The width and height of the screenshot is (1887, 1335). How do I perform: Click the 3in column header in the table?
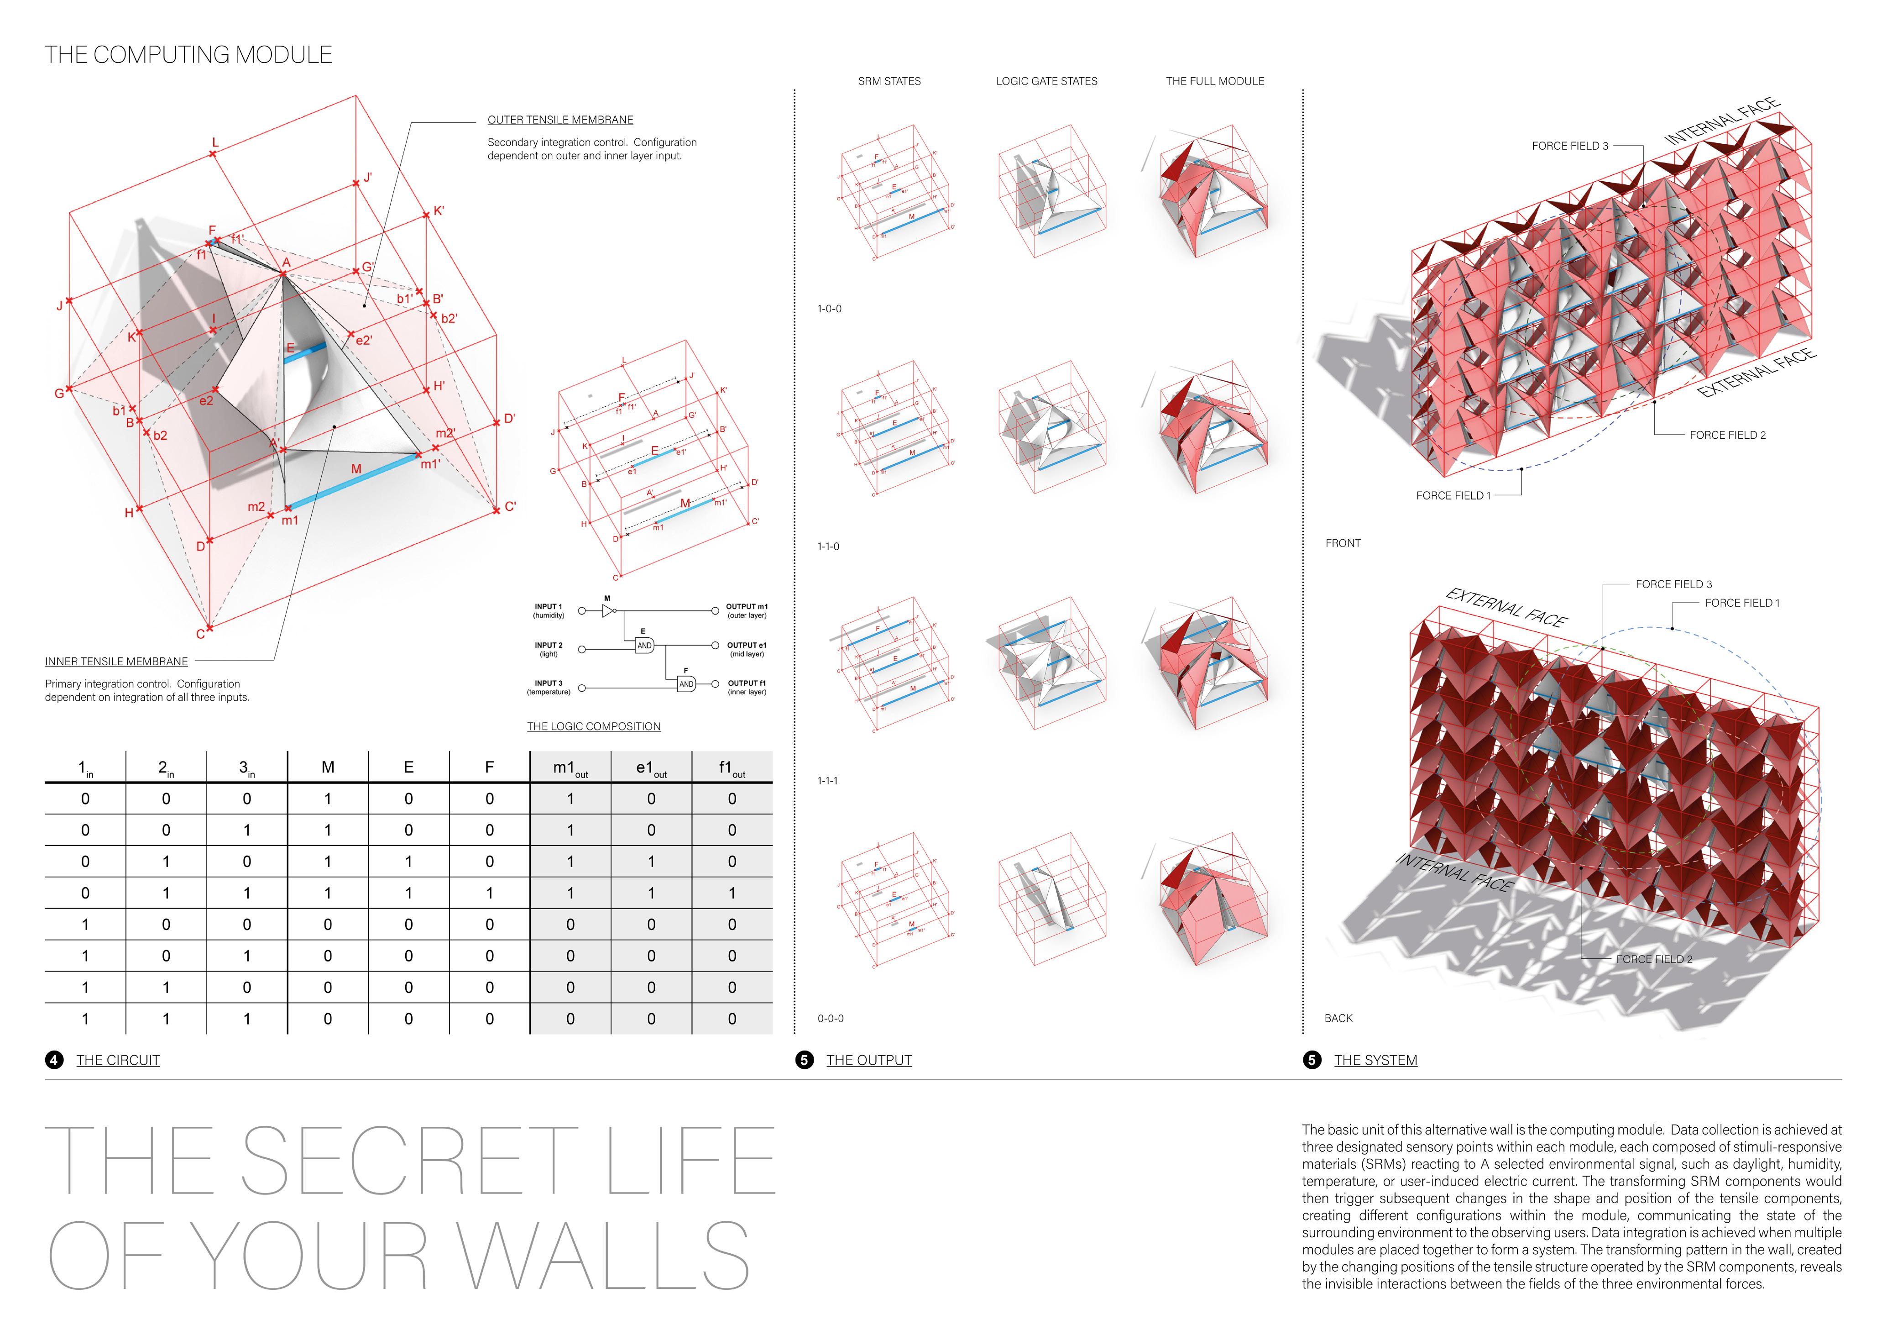(x=246, y=768)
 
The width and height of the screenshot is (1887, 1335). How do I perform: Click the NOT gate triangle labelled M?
(x=608, y=611)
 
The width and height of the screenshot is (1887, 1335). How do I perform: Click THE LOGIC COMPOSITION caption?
(x=593, y=727)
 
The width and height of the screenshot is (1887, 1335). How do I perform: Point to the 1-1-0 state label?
(x=828, y=547)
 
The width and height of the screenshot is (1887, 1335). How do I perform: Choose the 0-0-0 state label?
(x=830, y=1019)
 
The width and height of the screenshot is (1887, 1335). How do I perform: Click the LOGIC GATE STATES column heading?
(x=1046, y=81)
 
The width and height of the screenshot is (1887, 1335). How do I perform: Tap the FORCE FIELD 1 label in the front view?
(x=1452, y=496)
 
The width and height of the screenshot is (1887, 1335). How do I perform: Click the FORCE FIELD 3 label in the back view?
(x=1673, y=584)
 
